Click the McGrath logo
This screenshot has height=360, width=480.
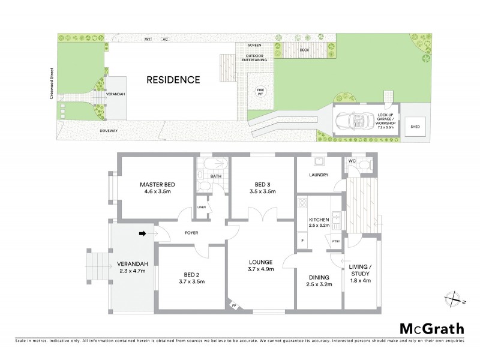(431, 328)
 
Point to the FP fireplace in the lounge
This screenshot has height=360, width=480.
(235, 307)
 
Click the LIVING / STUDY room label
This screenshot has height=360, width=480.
(360, 270)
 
